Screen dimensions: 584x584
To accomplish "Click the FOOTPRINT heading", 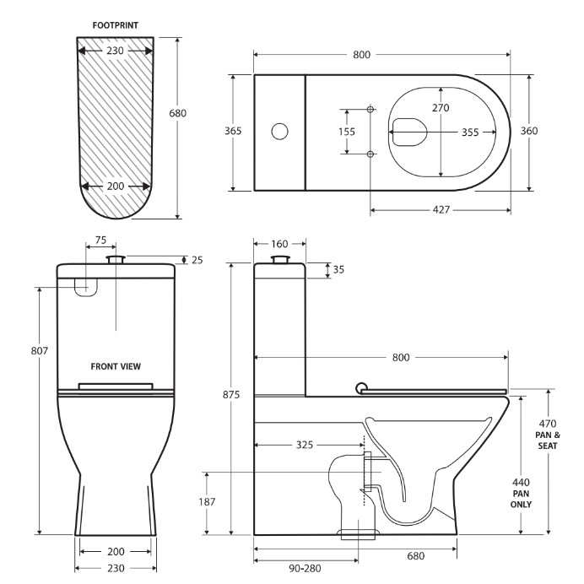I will point(115,25).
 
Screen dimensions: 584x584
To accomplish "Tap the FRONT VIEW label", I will point(116,366).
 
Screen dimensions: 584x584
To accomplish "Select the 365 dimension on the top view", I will point(233,131).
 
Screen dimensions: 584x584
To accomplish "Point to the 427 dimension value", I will point(441,209).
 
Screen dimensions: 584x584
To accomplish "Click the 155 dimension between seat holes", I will point(347,132).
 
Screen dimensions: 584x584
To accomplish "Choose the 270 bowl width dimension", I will point(441,107).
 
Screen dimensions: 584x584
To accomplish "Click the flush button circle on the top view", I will point(279,131).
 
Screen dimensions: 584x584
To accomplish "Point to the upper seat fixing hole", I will point(370,109).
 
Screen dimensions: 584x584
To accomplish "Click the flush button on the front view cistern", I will point(116,258).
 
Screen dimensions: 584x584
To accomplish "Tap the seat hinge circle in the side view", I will point(362,388).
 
